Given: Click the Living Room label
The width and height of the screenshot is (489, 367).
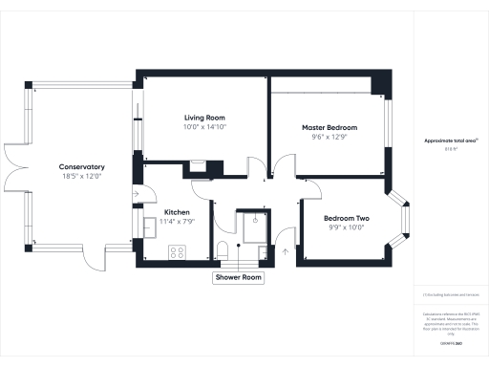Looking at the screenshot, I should click(204, 118).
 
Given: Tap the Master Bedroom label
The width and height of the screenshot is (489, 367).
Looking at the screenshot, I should click(330, 127).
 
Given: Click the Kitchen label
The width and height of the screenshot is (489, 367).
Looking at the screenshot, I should click(179, 212).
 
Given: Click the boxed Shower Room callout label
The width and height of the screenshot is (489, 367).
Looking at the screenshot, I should click(238, 278).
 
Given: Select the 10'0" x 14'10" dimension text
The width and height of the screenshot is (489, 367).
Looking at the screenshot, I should click(204, 126).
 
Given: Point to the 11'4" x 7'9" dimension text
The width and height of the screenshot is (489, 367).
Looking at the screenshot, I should click(179, 221).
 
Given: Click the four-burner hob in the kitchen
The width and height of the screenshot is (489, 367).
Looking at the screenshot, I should click(177, 252).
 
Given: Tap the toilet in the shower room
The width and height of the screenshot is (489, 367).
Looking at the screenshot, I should click(223, 251).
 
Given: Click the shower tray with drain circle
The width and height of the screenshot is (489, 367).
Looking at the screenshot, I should click(255, 226).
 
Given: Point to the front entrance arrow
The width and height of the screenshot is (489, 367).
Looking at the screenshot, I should click(285, 251).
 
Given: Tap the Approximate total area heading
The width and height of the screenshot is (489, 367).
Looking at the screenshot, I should click(450, 140).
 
